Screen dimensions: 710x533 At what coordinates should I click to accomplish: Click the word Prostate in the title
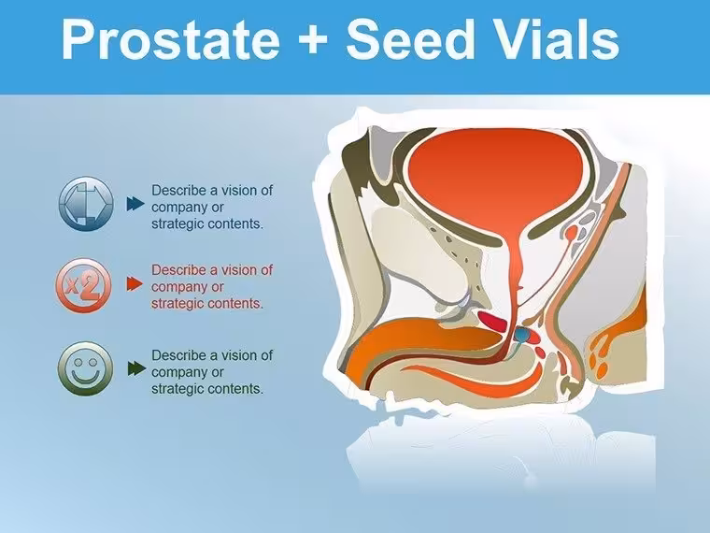point(171,39)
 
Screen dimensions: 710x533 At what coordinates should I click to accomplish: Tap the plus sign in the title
point(313,38)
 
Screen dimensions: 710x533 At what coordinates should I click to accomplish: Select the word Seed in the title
point(411,38)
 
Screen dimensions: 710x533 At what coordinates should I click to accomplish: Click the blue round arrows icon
point(86,204)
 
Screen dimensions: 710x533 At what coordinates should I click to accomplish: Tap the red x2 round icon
point(84,285)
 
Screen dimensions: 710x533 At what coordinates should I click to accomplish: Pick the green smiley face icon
point(85,368)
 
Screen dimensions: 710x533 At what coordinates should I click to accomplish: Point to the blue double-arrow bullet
point(135,204)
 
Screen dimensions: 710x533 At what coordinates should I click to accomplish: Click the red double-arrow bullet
point(135,283)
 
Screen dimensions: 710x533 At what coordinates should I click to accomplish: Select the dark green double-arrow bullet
point(136,368)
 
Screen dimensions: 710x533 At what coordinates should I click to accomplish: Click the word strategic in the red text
point(177,303)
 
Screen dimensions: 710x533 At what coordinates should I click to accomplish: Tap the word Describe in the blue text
point(178,190)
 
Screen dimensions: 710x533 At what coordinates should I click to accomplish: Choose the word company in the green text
point(176,372)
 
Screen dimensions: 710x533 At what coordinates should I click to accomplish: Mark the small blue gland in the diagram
point(521,334)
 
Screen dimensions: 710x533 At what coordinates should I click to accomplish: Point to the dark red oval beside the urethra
point(491,321)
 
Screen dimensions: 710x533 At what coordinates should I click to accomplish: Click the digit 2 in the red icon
point(91,286)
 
